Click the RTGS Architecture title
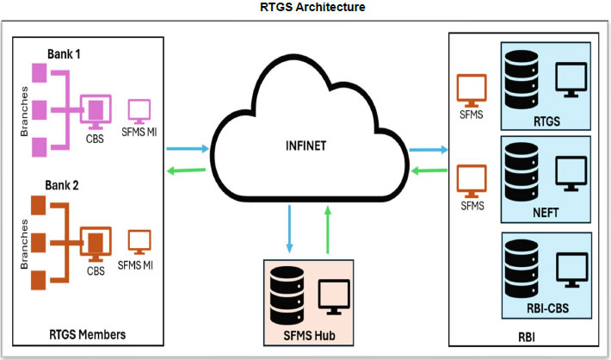[306, 8]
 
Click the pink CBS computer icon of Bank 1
[96, 109]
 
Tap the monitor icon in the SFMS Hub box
[335, 295]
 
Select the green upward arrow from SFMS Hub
[327, 233]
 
